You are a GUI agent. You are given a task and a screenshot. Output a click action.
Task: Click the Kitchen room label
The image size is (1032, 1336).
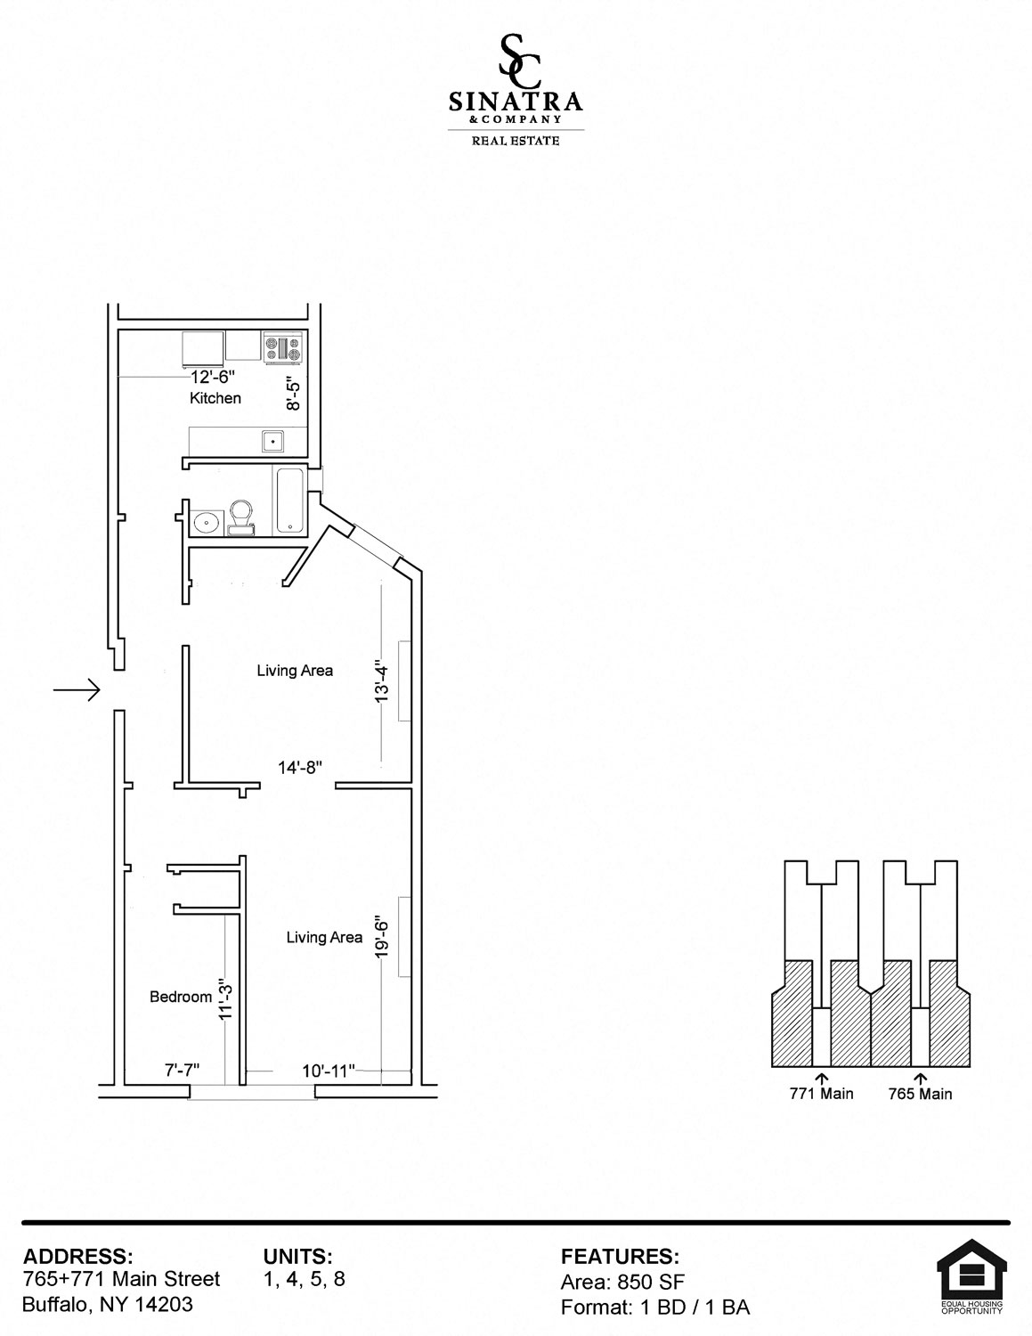pos(215,398)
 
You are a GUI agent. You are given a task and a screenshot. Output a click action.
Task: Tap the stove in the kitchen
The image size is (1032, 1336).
pos(283,348)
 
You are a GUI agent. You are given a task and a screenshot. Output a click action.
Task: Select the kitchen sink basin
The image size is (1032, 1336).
pos(272,442)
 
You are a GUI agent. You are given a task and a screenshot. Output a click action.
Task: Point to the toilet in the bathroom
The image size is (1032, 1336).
pos(241,517)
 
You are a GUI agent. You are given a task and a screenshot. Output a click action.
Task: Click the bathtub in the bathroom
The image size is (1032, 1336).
pos(289,501)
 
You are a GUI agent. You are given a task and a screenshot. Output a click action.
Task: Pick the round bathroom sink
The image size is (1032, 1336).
pos(206,522)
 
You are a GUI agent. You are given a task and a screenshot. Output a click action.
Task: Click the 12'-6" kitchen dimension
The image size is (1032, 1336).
pos(212,376)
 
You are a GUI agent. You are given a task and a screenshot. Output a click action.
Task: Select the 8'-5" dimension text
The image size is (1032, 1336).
pos(294,394)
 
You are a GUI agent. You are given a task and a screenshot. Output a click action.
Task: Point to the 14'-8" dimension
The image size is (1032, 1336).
pos(300,767)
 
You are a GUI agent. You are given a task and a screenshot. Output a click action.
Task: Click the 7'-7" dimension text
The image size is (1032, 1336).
pos(182,1071)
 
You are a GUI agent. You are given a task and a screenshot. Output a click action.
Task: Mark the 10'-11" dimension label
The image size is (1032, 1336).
pos(329,1071)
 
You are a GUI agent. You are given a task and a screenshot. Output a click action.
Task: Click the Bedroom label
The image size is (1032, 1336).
pos(181,997)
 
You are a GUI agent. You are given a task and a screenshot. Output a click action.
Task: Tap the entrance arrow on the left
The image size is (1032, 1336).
pos(77,690)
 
